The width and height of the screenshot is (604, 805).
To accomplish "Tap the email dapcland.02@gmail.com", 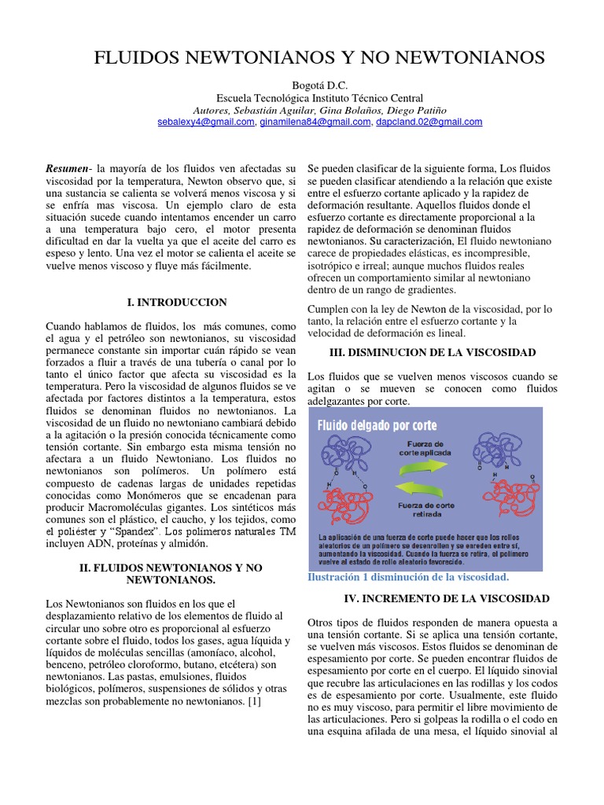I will [429, 122].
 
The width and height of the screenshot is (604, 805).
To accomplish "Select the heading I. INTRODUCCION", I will [177, 302].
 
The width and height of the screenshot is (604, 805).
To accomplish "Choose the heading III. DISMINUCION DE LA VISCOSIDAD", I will [432, 352].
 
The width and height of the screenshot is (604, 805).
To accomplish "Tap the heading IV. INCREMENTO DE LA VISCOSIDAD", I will [440, 599].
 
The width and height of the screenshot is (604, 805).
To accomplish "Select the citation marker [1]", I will [253, 701].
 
